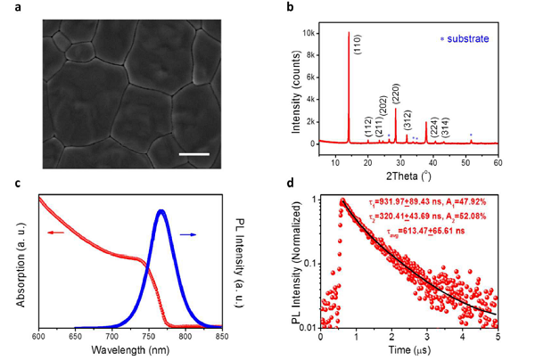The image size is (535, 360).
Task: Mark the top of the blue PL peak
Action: (160, 211)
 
